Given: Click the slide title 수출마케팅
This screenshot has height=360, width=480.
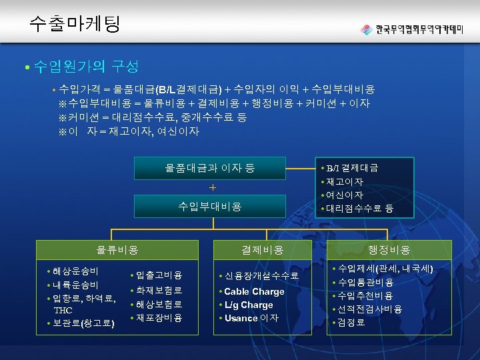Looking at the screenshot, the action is click(x=75, y=25).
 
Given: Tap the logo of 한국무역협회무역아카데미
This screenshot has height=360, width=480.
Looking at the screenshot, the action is click(x=413, y=30).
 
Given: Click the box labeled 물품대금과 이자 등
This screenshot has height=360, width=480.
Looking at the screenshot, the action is click(x=209, y=168).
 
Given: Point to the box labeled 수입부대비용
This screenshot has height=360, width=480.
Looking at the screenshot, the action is click(x=209, y=206).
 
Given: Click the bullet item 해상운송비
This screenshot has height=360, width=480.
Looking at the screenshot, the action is click(x=76, y=271).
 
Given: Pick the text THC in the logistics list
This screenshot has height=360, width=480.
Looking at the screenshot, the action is click(x=64, y=310).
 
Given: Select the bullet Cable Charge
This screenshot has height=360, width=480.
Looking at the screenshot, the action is click(x=254, y=291).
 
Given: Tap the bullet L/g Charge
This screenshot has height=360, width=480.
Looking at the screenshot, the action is click(x=248, y=305).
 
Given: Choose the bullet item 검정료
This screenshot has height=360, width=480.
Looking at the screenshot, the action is click(x=351, y=323).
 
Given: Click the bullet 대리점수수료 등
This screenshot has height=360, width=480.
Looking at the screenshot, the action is click(x=360, y=209).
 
